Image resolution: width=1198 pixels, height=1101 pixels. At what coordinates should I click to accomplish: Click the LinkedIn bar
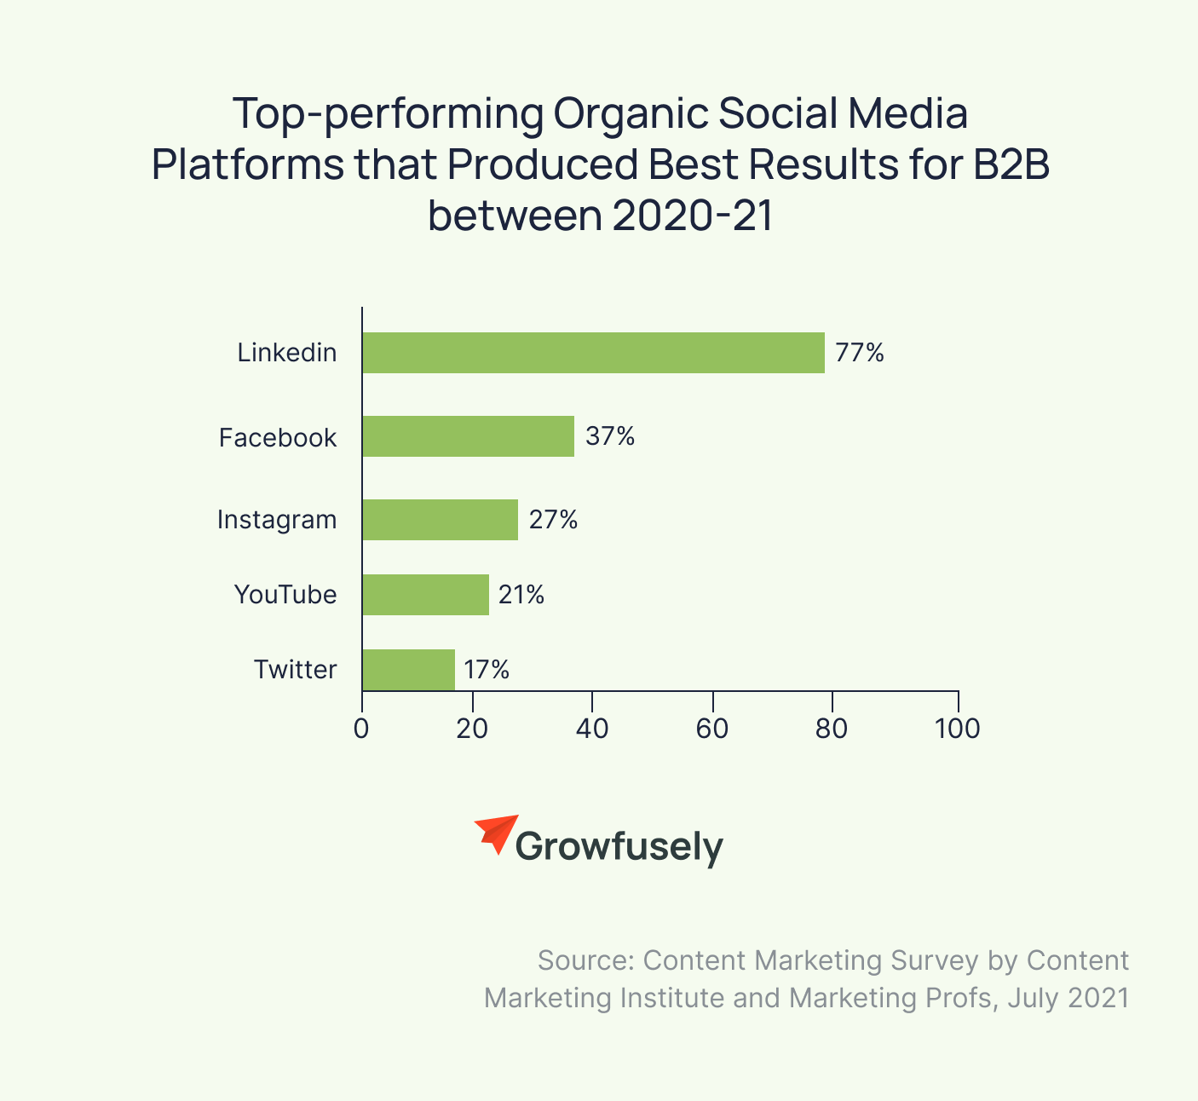593,353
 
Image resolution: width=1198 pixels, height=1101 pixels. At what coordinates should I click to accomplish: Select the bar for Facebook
468,436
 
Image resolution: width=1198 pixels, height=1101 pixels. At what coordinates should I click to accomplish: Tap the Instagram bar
440,520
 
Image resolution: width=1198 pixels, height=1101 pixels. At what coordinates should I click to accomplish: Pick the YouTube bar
425,595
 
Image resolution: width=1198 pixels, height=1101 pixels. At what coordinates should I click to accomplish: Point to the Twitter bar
408,670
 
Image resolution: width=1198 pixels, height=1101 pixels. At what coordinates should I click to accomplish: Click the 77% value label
860,353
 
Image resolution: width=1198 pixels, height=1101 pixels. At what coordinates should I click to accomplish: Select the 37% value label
610,436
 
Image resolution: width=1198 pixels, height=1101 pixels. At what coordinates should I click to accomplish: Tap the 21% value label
521,595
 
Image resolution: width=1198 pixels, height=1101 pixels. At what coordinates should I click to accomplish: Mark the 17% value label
487,670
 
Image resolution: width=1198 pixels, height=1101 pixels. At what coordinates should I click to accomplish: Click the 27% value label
553,520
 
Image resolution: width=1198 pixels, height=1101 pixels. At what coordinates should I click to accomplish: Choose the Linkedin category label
287,353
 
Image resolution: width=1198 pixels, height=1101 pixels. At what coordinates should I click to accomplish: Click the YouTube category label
285,595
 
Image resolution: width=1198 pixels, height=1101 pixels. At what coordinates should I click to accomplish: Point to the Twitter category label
295,670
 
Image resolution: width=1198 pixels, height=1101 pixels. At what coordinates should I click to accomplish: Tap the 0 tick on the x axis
362,729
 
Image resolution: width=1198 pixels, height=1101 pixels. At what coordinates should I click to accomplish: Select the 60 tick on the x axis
711,729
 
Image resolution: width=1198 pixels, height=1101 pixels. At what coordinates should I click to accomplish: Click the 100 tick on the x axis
958,729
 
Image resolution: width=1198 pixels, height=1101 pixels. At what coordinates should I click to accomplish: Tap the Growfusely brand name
619,847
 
